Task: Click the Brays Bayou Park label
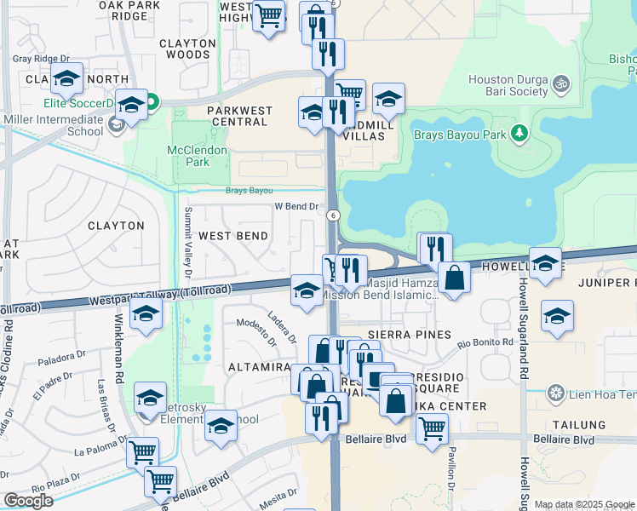click(x=461, y=134)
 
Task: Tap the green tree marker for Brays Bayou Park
click(x=519, y=134)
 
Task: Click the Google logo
click(x=28, y=501)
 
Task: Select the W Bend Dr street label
click(x=296, y=206)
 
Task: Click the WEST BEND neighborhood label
click(x=233, y=235)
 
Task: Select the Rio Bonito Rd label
click(x=485, y=343)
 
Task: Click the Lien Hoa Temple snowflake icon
click(x=556, y=393)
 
